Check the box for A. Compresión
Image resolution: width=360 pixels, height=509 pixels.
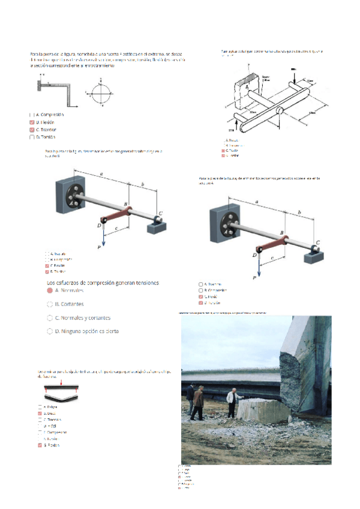pos(31,114)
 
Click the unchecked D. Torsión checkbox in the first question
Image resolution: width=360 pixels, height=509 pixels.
pos(32,137)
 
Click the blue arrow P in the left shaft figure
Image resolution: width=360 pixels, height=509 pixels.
pos(104,235)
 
